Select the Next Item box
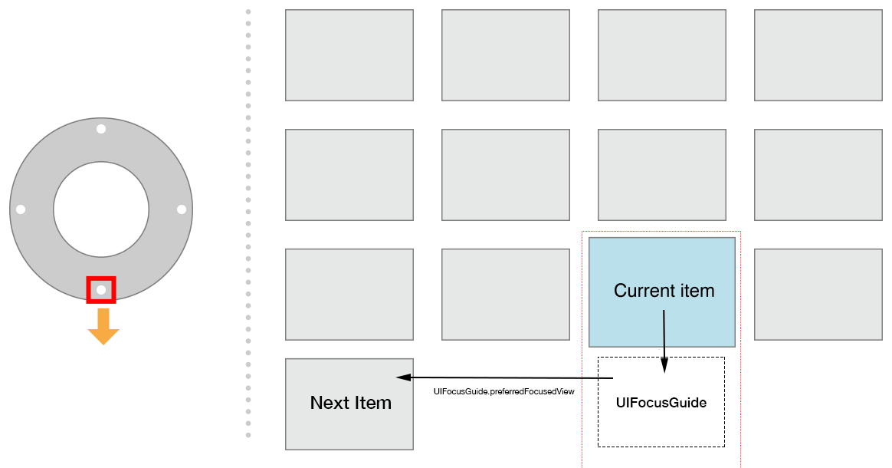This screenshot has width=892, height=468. point(349,404)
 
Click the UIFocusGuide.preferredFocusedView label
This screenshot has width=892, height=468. point(503,391)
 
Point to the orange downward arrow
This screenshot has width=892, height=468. point(103,327)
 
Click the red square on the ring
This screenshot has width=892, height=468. point(101,290)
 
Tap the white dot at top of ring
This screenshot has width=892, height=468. point(101,129)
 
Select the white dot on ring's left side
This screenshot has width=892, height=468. point(21,209)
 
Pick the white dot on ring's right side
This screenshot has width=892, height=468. point(182,209)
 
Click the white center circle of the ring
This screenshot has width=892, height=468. point(101,209)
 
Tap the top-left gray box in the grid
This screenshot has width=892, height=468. point(349,55)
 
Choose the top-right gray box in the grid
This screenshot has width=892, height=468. point(818,55)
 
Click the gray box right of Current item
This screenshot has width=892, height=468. point(818,294)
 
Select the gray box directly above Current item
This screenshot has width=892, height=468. point(662,175)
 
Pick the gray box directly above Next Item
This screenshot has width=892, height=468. point(349,294)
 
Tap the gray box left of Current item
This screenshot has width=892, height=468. point(506,294)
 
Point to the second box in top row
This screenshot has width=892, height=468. point(506,55)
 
